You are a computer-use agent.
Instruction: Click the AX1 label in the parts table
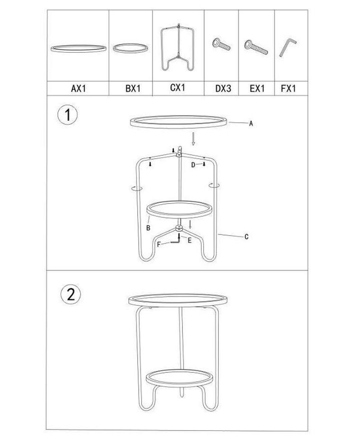[78, 89]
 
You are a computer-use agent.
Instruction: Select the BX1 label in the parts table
[133, 89]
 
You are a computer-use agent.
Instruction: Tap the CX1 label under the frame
[178, 88]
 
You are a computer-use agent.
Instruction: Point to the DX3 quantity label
[223, 89]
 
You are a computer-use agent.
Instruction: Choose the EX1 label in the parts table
[257, 89]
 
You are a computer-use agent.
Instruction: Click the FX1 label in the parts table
[288, 89]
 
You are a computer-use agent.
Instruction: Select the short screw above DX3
[221, 45]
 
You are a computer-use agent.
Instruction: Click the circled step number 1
[67, 115]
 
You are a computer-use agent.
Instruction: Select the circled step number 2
[71, 294]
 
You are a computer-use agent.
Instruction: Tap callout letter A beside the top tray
[251, 124]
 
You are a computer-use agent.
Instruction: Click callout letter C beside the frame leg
[246, 237]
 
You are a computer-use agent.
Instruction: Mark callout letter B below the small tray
[148, 228]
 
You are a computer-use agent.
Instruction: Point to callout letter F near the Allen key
[159, 244]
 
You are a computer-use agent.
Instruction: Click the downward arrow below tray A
[193, 139]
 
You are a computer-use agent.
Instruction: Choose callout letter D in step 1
[193, 165]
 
